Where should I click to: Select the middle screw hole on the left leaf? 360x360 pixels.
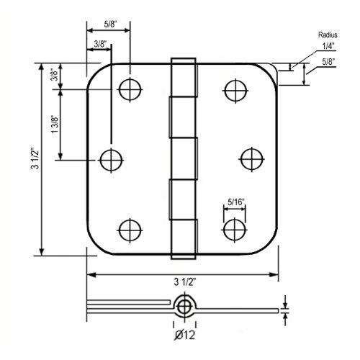click(112, 159)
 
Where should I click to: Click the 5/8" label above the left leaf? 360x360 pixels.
click(110, 24)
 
